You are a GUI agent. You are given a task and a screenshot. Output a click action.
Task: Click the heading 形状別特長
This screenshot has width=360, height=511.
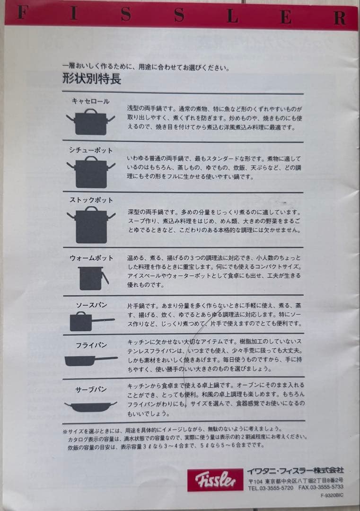(91, 79)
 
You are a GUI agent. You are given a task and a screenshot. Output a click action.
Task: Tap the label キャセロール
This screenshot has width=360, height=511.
(90, 101)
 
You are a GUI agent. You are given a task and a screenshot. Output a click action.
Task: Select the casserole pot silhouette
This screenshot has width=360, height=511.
(90, 122)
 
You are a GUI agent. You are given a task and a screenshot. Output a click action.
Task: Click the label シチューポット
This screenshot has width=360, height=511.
(91, 150)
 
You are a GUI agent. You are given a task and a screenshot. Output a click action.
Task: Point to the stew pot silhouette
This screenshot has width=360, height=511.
(91, 172)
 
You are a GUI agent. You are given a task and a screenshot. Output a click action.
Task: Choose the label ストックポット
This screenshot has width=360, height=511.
(91, 200)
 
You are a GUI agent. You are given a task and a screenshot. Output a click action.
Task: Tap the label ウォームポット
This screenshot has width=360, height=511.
(91, 258)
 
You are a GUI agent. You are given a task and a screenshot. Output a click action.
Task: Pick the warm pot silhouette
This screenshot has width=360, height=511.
(92, 278)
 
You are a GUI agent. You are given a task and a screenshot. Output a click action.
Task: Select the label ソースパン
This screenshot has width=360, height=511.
(91, 305)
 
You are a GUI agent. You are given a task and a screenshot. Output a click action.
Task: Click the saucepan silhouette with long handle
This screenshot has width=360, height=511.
(90, 322)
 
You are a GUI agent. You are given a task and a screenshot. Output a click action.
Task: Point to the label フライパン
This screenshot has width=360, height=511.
(91, 345)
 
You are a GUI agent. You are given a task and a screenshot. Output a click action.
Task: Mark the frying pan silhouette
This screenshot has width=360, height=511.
(90, 360)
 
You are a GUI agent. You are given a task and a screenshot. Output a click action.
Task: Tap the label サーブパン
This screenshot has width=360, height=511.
(91, 389)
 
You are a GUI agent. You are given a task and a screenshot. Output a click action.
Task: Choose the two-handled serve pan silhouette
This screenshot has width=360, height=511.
(90, 406)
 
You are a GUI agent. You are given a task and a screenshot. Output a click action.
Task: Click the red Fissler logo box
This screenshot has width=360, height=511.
(215, 479)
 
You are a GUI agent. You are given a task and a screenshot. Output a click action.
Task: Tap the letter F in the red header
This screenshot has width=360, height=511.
(20, 14)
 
